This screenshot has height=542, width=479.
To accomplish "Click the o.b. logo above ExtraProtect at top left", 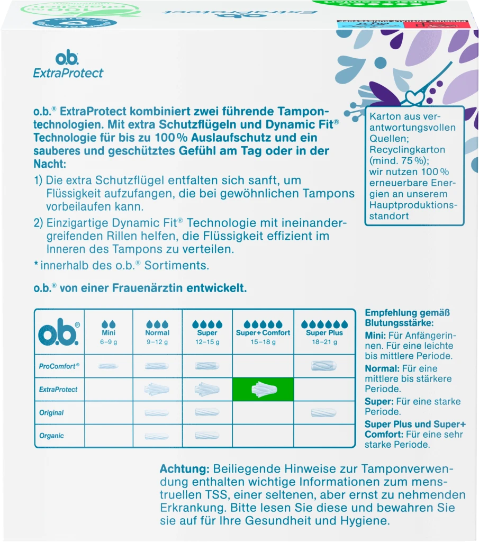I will tap(67, 59).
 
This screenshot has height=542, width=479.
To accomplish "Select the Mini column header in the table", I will tap(108, 333).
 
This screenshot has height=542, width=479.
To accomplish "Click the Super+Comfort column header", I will tap(263, 333).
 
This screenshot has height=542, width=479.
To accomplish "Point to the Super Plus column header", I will tap(324, 333).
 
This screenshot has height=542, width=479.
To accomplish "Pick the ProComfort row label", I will tap(59, 366).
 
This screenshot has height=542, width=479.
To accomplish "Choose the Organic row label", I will tap(51, 436).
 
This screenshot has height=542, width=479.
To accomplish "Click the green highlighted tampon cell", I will tap(263, 389).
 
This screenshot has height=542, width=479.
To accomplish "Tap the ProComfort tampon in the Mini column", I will tap(108, 366).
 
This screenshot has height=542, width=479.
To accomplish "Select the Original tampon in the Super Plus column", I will tap(324, 412).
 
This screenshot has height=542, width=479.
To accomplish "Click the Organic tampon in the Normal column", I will tap(157, 436).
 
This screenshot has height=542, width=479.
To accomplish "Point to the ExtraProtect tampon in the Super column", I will tap(207, 390).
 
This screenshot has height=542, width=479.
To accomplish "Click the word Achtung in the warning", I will tap(185, 469).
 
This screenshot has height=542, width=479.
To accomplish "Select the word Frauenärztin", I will tap(145, 288).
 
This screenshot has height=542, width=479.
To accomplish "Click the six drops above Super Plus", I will tap(324, 323).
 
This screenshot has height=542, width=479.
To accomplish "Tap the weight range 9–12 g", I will tap(157, 342).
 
